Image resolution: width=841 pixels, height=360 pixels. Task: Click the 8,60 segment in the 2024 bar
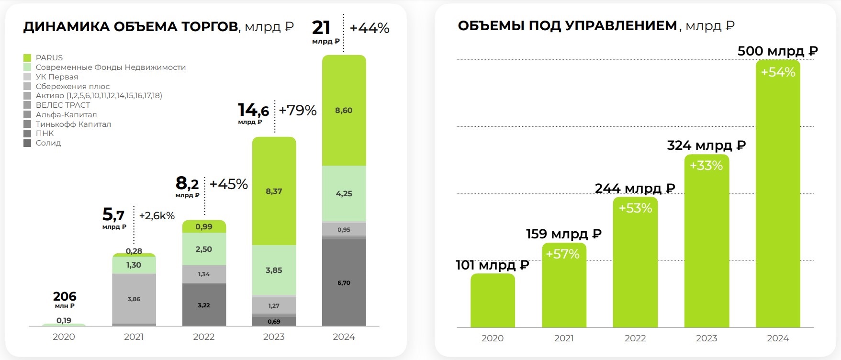click(344, 111)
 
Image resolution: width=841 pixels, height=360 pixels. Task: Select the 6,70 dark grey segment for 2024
click(344, 283)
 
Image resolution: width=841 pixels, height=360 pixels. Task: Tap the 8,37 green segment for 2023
click(274, 191)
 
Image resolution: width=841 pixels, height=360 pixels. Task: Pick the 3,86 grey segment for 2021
click(134, 299)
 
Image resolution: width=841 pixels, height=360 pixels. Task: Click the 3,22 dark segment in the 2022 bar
click(204, 305)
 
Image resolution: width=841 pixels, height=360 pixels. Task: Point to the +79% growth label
click(298, 111)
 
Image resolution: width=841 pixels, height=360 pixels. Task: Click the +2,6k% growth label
click(157, 216)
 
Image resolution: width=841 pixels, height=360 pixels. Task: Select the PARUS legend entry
click(49, 57)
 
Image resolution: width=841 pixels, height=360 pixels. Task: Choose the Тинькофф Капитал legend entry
click(73, 124)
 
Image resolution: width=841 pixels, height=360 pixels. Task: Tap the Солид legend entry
click(48, 143)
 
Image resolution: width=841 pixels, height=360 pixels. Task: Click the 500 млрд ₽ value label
click(777, 51)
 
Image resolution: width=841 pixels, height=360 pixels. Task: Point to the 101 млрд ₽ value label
click(492, 265)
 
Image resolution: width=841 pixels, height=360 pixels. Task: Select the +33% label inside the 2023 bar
click(706, 166)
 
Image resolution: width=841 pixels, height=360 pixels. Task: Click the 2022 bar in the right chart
click(635, 268)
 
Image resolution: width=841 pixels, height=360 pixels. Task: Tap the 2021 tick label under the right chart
click(564, 338)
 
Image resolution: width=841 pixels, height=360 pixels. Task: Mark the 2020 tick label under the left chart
click(64, 337)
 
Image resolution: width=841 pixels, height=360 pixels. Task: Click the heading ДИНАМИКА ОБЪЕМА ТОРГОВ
click(131, 27)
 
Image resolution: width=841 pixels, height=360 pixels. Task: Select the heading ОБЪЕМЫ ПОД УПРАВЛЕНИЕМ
click(568, 26)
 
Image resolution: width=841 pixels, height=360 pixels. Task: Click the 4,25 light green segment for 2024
click(344, 194)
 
